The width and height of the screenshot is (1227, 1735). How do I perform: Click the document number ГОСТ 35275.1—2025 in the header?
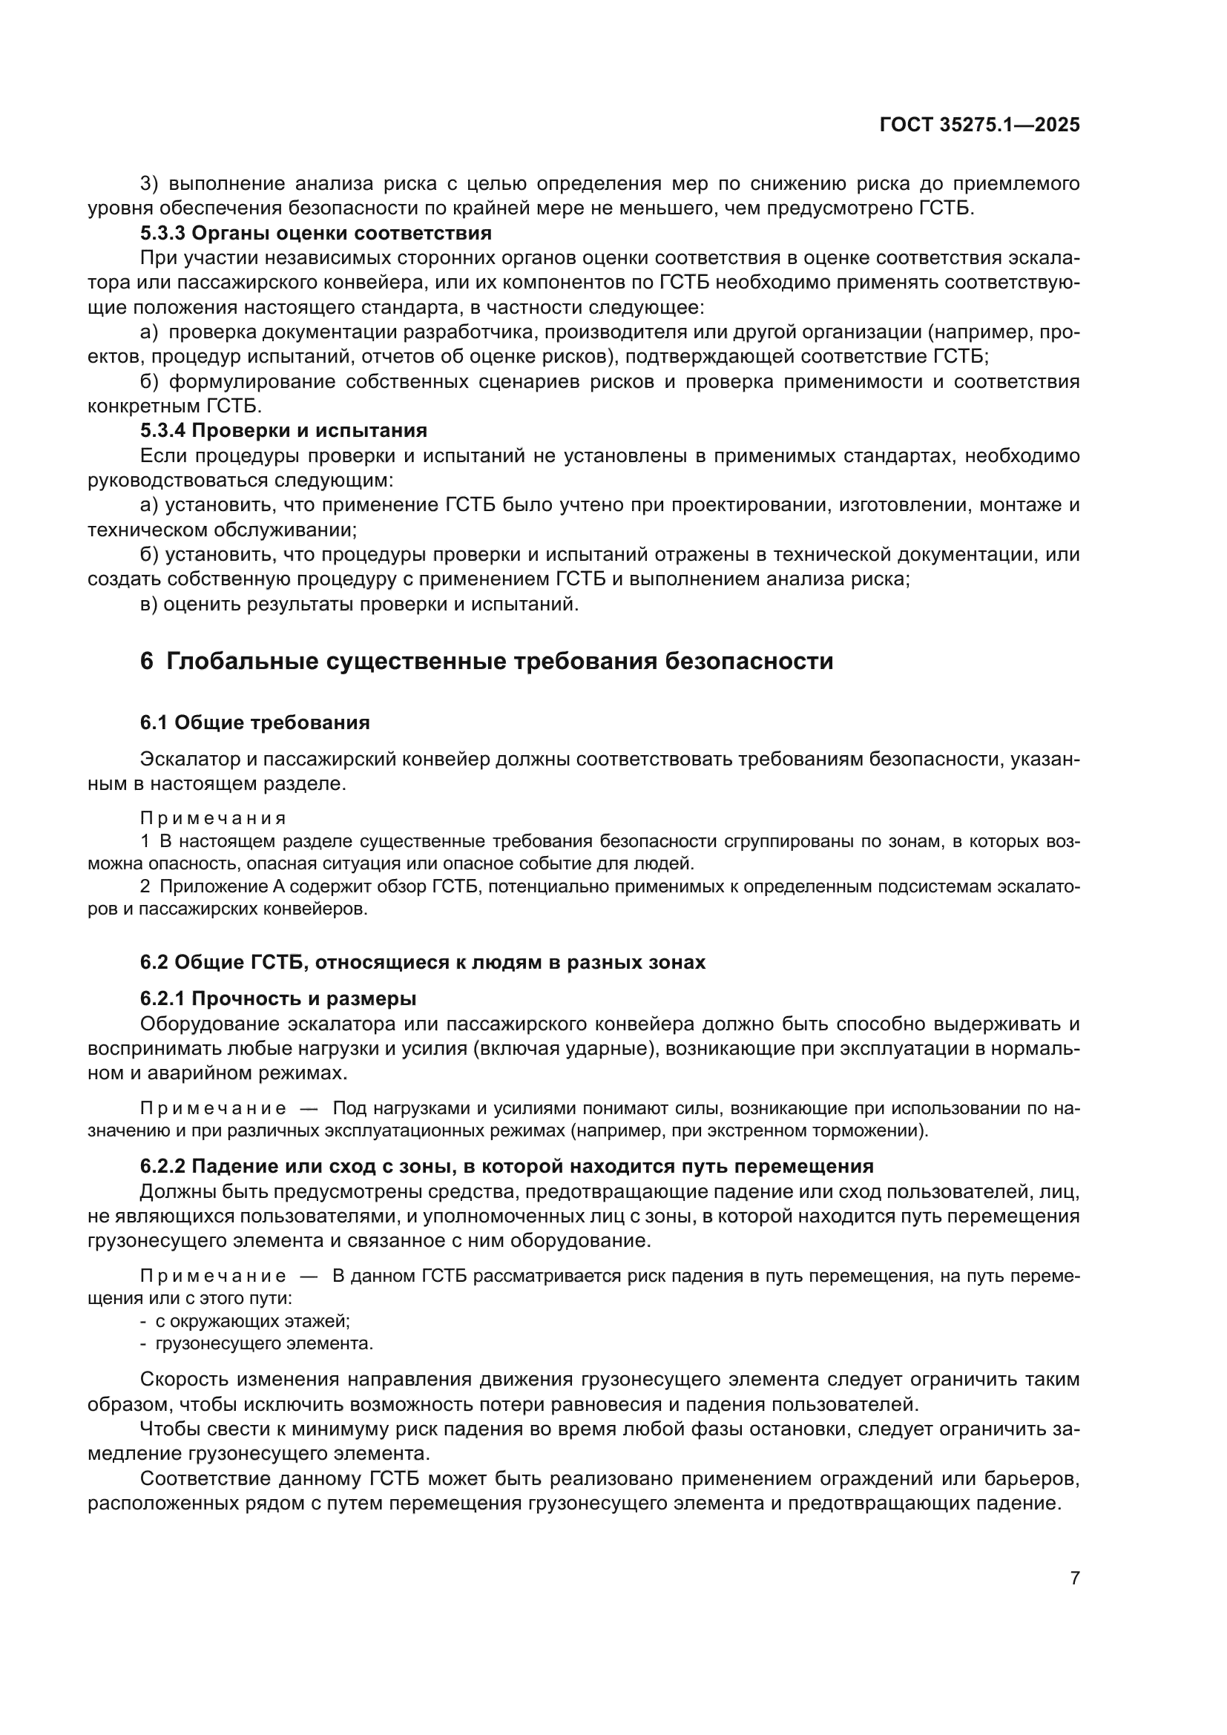[x=979, y=125]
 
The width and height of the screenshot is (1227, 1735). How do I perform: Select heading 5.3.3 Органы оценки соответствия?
[x=316, y=233]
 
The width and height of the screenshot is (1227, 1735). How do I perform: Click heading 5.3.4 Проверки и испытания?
[x=283, y=431]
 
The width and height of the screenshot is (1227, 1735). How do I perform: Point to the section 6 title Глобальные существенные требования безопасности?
[x=487, y=661]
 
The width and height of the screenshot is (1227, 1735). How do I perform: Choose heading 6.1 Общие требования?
[x=254, y=723]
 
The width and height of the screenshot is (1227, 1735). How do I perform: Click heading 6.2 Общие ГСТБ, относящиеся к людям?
[x=422, y=963]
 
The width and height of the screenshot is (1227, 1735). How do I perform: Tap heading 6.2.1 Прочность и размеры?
[x=278, y=999]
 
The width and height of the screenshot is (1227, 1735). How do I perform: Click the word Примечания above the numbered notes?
[x=213, y=818]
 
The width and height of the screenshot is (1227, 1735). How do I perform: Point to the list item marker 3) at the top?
[x=151, y=184]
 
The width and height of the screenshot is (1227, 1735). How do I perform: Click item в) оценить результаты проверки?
[x=360, y=605]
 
